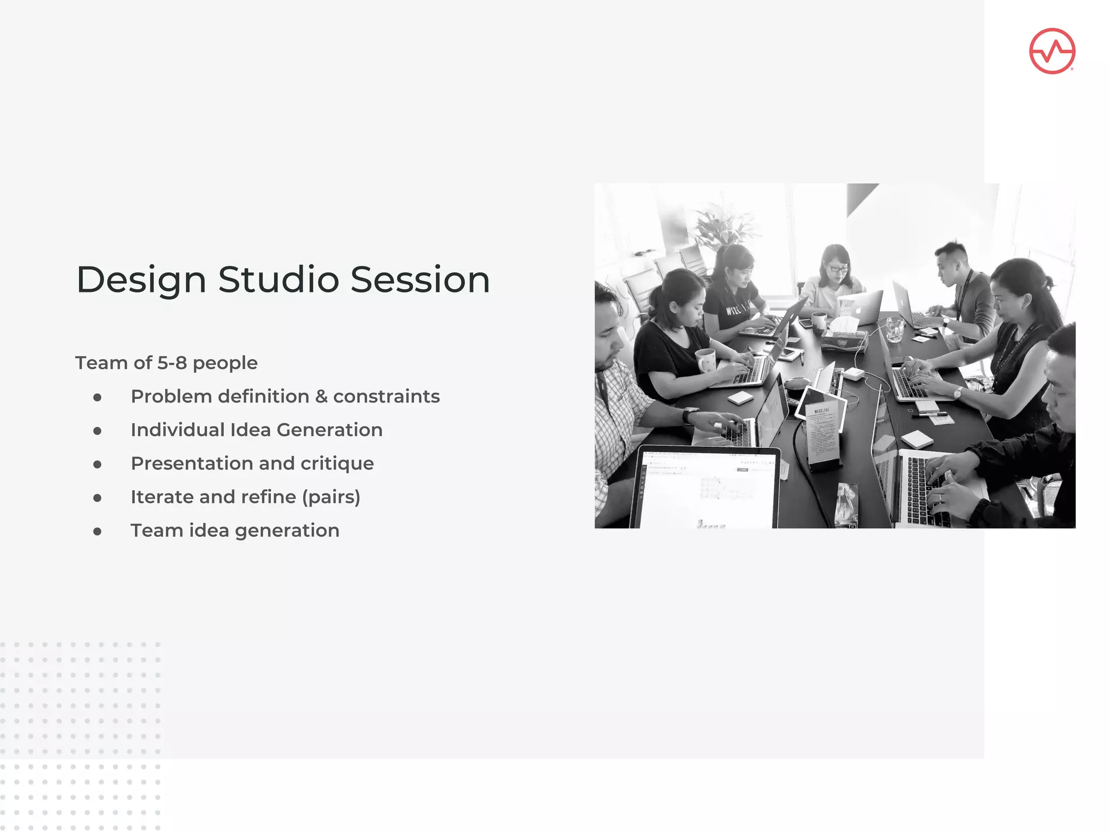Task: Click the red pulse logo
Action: click(x=1052, y=51)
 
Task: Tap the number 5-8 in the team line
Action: click(x=172, y=363)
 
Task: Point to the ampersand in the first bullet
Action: click(x=321, y=396)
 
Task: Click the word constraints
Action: click(x=386, y=396)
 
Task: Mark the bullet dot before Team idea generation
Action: click(x=97, y=531)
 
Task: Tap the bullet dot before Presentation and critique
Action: click(x=97, y=464)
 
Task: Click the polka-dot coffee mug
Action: click(x=706, y=360)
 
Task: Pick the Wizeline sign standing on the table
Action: click(x=823, y=433)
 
